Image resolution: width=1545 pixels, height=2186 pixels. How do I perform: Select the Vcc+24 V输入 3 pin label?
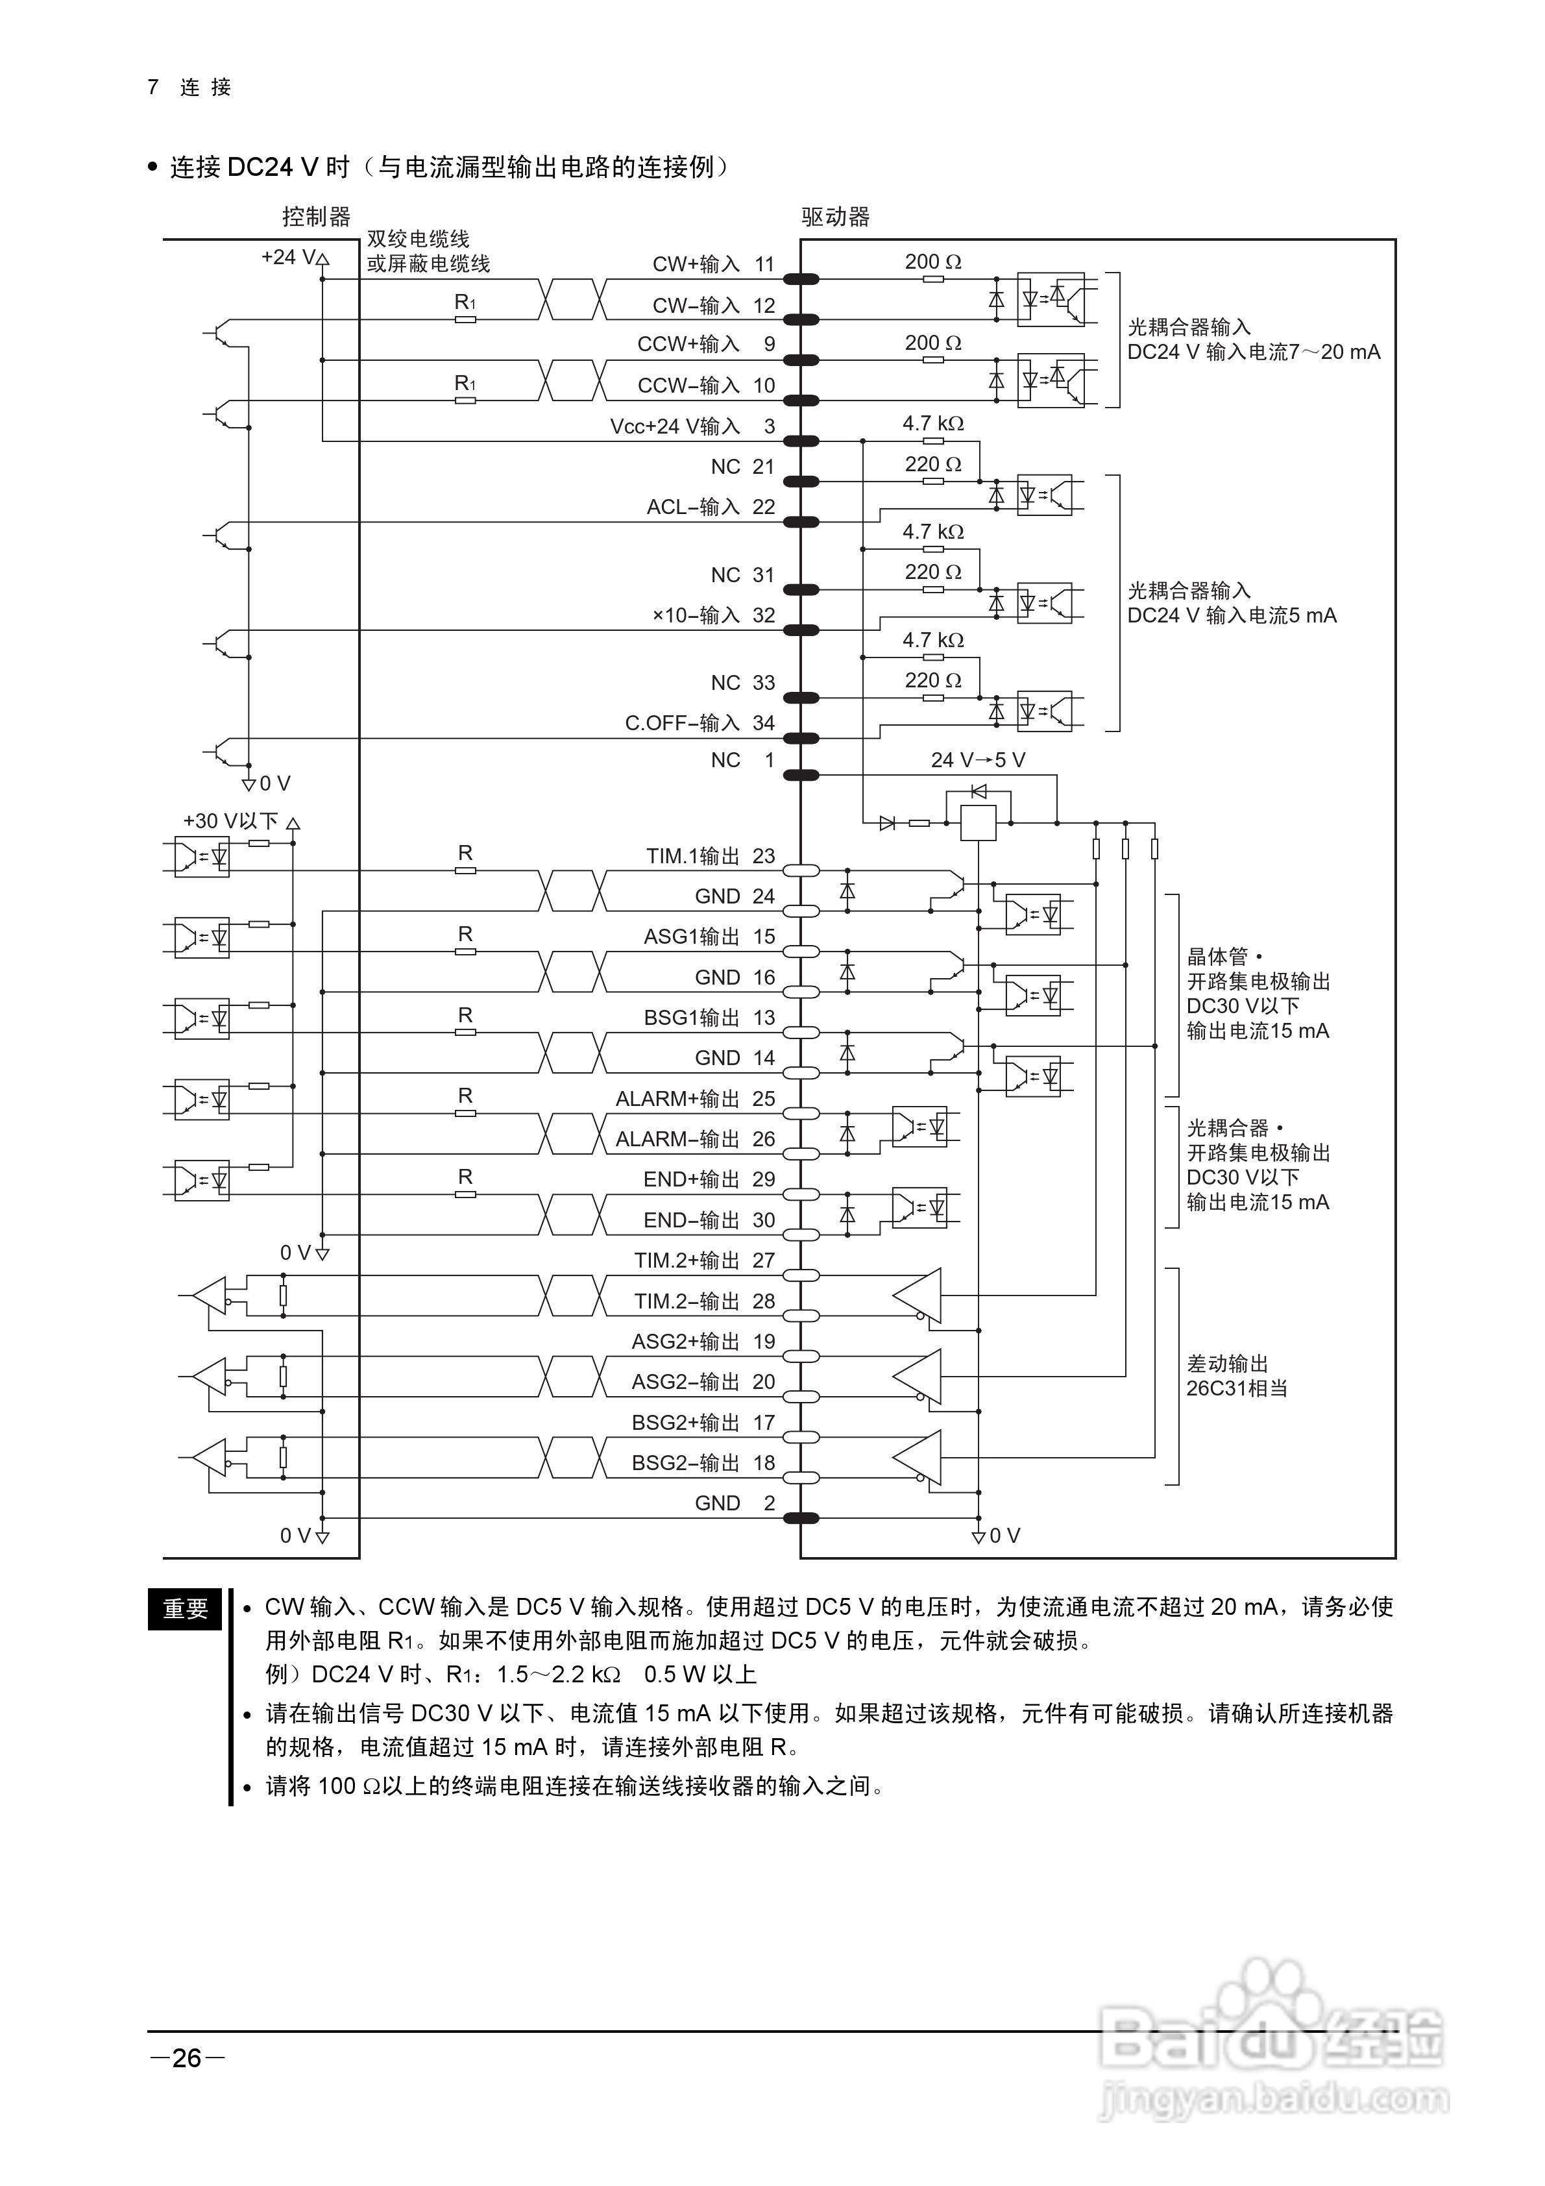pos(692,426)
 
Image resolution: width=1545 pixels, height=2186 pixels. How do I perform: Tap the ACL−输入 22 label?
pos(710,508)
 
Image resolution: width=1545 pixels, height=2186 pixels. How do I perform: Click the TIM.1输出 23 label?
pos(710,856)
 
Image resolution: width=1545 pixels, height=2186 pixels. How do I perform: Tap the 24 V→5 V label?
pos(978,760)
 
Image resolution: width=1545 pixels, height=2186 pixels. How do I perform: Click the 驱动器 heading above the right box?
pos(835,217)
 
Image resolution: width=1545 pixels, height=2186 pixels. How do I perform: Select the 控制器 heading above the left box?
pos(316,217)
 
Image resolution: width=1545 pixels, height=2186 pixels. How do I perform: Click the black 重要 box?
pos(185,1609)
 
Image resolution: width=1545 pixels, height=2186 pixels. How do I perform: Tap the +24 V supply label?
pos(289,257)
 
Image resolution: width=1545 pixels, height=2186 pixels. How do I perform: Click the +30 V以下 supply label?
pos(230,820)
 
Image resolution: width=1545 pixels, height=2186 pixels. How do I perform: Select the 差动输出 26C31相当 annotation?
pos(1237,1376)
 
